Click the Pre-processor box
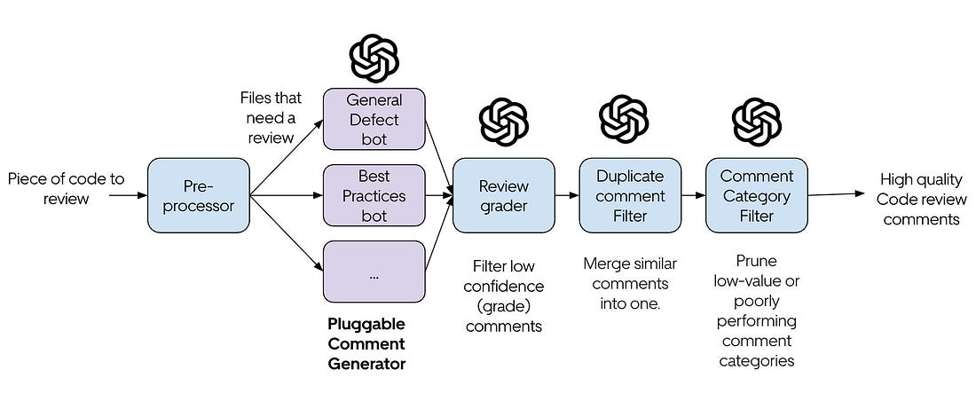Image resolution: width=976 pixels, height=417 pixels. (199, 195)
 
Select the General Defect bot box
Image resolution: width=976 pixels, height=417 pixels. (374, 119)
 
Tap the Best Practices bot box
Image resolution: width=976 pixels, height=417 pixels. (374, 195)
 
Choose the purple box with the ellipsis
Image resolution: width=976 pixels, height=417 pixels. (374, 272)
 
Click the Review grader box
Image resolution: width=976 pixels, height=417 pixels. (504, 195)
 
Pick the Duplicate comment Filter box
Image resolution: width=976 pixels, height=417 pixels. (630, 195)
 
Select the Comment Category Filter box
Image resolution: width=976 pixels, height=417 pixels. (756, 195)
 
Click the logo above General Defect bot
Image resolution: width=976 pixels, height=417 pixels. (374, 58)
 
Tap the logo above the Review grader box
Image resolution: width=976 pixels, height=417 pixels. (504, 122)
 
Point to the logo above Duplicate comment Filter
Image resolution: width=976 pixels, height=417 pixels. (624, 118)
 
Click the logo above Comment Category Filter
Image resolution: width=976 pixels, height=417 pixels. (756, 122)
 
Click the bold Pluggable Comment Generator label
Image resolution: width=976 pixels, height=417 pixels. (366, 343)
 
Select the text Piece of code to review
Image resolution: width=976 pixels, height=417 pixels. (66, 189)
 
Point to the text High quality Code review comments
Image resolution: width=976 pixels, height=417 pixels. (921, 199)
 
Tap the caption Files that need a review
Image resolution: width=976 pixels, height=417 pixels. (271, 118)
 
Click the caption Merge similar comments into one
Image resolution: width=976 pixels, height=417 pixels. (630, 283)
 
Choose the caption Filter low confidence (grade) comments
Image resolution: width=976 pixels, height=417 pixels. (504, 296)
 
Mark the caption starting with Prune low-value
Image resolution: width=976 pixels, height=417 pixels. (756, 311)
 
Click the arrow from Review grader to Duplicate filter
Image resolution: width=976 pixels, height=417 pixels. (567, 195)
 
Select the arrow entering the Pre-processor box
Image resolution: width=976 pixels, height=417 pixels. (129, 195)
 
